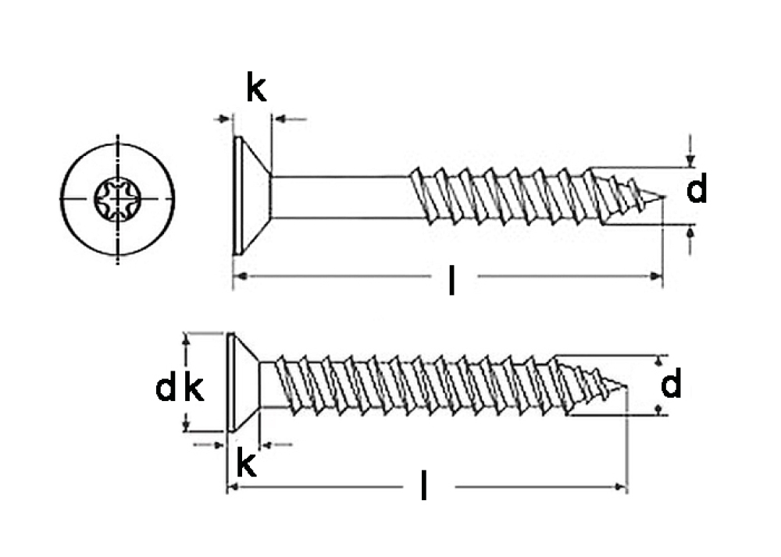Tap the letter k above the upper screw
point(256,90)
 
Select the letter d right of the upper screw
point(697,190)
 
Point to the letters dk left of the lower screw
point(180,388)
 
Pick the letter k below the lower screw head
point(246,464)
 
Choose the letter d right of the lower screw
point(672,385)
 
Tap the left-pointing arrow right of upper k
point(280,119)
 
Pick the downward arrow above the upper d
point(690,160)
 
